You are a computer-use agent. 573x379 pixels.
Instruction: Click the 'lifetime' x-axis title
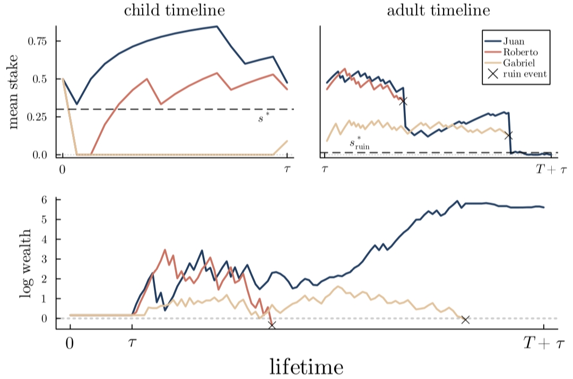[307, 366]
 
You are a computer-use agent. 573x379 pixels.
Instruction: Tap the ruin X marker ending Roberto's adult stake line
[403, 101]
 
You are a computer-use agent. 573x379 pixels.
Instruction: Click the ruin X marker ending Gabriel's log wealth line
[465, 320]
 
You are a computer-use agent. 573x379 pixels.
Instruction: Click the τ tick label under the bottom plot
[132, 343]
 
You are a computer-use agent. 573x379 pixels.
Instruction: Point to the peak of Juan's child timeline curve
[217, 27]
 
